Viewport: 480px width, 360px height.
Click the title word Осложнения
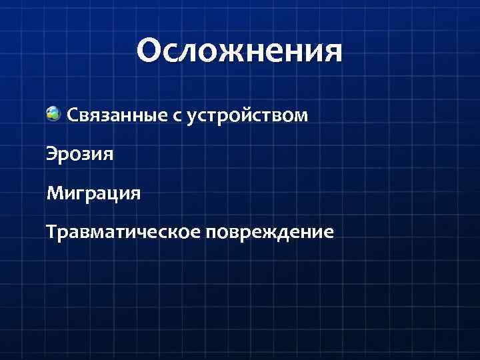(239, 51)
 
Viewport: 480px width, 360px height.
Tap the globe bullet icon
(54, 114)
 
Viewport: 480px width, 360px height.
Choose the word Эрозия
(80, 155)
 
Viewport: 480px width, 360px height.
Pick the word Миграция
(93, 194)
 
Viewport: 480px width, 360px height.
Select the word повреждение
(270, 233)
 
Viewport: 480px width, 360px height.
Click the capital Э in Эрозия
(51, 154)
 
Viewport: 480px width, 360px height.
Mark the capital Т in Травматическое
(51, 232)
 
